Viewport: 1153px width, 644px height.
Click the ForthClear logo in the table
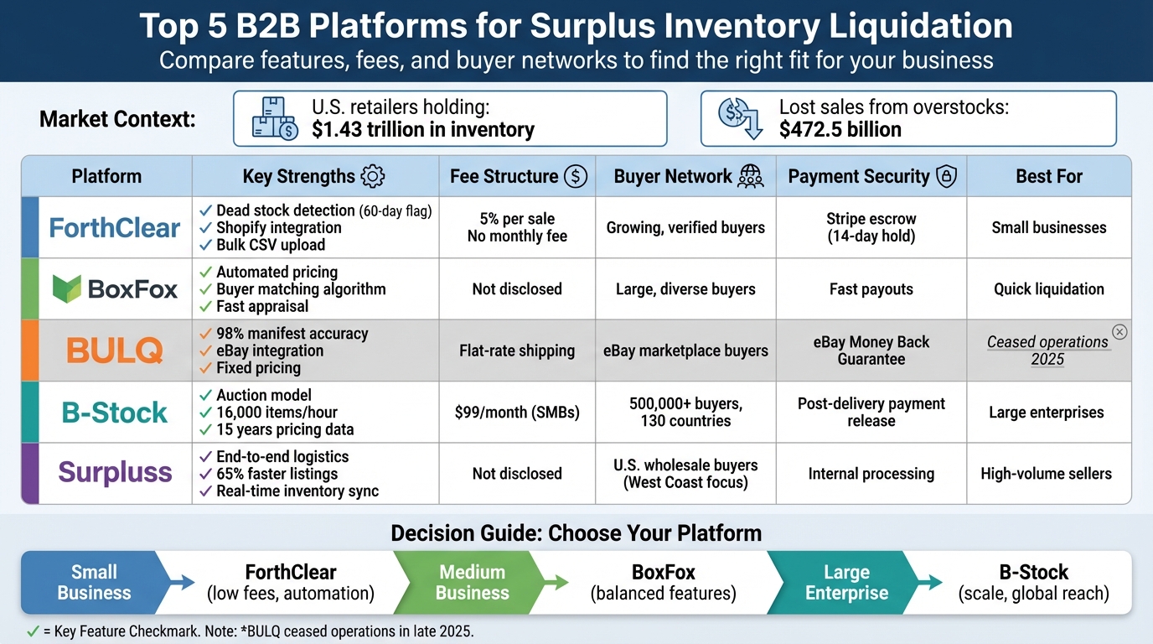click(x=115, y=227)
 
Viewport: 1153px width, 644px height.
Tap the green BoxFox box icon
click(x=66, y=289)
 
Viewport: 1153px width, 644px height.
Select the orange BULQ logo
click(x=115, y=351)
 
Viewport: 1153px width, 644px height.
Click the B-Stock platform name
click(x=115, y=413)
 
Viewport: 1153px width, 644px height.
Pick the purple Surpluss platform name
click(x=115, y=473)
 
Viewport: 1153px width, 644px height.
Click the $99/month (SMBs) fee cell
click(x=517, y=413)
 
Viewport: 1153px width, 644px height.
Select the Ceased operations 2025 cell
click(x=1047, y=351)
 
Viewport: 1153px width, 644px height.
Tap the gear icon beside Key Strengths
click(x=372, y=176)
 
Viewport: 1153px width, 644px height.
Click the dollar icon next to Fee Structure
click(x=575, y=176)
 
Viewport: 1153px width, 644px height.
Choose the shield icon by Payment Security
click(x=946, y=176)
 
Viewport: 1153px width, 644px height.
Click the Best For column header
click(x=1049, y=176)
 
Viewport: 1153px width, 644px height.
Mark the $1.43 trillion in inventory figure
click(x=422, y=130)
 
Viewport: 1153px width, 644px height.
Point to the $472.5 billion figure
click(x=840, y=130)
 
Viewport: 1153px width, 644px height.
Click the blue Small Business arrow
click(x=96, y=583)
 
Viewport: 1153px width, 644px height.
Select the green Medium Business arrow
click(x=473, y=583)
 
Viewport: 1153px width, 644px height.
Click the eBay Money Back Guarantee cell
click(x=871, y=351)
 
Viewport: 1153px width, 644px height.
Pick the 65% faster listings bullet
click(x=277, y=474)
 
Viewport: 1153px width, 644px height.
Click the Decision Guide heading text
click(x=576, y=533)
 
